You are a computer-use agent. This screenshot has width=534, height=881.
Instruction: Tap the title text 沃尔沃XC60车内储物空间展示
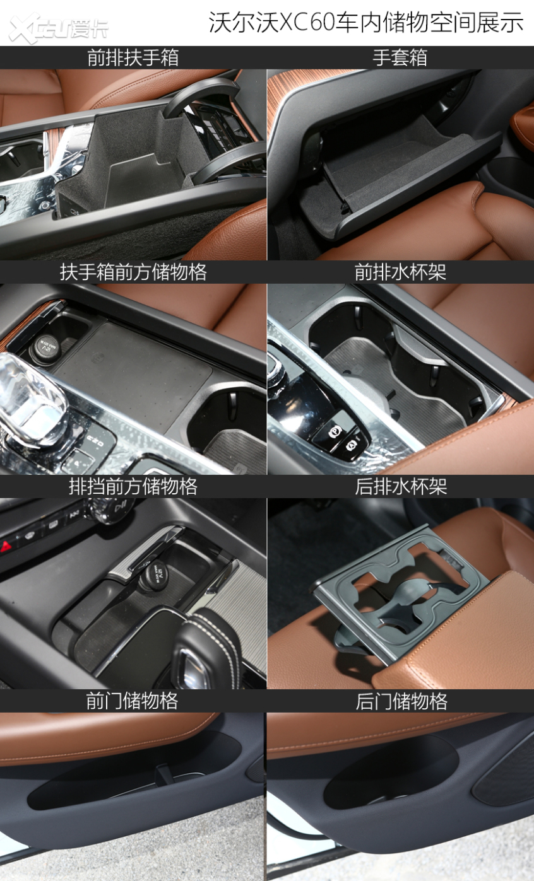click(x=366, y=22)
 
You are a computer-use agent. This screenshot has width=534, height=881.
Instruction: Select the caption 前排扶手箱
click(x=133, y=57)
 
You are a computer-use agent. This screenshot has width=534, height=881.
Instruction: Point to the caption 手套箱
click(x=400, y=57)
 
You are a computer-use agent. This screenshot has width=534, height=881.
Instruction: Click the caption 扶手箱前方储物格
click(x=133, y=272)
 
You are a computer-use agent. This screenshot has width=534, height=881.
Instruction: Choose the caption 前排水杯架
click(x=400, y=272)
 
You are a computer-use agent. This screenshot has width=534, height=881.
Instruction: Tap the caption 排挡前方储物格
click(x=133, y=486)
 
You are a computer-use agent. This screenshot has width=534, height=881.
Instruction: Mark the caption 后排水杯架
click(x=401, y=486)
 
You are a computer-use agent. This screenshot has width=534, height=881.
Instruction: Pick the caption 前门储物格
click(x=132, y=701)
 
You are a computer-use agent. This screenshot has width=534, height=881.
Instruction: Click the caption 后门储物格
click(x=401, y=701)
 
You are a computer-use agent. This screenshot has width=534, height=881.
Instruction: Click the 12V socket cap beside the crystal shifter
click(x=46, y=346)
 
